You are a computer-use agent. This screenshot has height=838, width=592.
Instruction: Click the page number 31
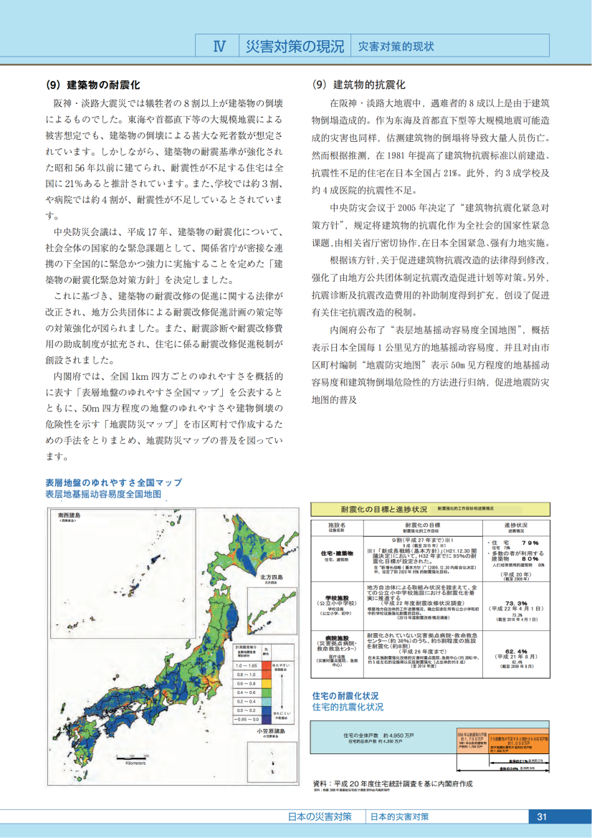click(541, 816)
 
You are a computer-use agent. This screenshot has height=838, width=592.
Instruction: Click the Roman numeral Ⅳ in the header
click(220, 47)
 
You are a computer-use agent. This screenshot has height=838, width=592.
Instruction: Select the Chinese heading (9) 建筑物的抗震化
click(359, 84)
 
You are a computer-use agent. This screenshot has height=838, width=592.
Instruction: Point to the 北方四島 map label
click(272, 577)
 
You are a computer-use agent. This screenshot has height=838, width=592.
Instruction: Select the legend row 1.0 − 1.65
click(248, 666)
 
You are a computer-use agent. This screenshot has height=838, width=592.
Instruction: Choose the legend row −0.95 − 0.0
click(248, 719)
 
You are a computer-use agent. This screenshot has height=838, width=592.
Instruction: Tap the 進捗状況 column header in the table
click(516, 525)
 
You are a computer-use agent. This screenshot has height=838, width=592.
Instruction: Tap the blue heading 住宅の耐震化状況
click(345, 696)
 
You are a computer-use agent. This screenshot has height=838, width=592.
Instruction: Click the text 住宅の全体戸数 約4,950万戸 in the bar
click(379, 735)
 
